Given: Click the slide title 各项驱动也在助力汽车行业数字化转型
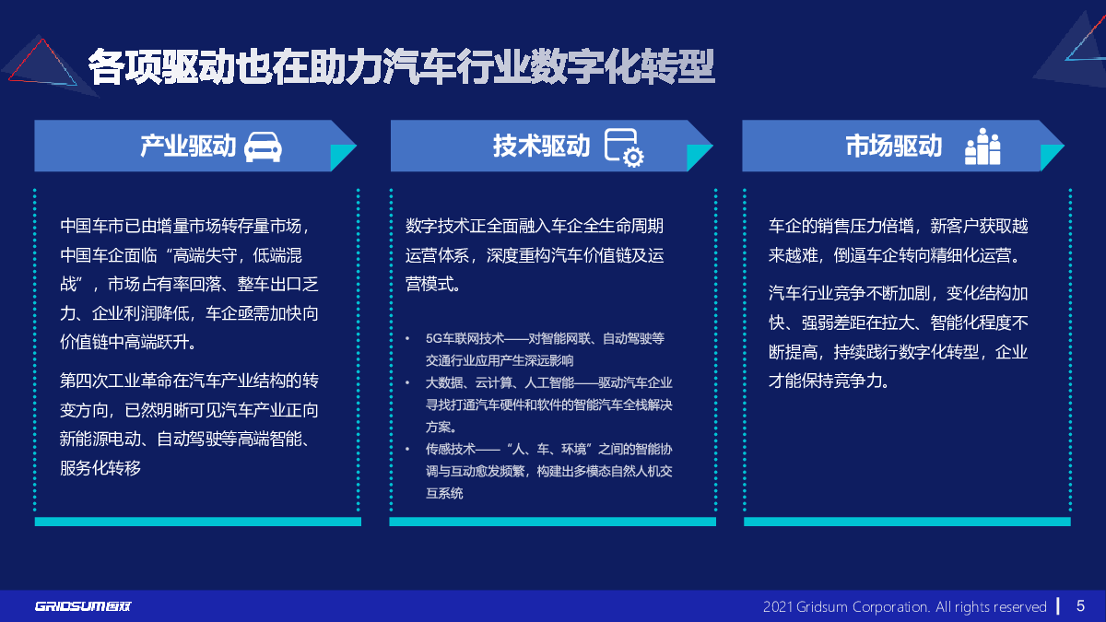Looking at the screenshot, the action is (x=401, y=66).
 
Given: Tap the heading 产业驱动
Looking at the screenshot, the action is (x=188, y=147).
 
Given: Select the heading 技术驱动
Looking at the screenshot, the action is (x=541, y=147).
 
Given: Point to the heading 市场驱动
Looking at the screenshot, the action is (x=894, y=147).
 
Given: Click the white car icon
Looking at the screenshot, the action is (x=264, y=147).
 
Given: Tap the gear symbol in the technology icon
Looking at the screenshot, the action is (x=633, y=158).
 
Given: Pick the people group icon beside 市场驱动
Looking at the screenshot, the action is (x=982, y=147).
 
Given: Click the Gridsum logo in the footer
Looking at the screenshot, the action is (x=83, y=606).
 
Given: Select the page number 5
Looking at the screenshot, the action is (x=1080, y=605).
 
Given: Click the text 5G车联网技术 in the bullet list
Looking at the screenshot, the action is (x=465, y=339).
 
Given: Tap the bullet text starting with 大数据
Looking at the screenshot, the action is (x=549, y=405).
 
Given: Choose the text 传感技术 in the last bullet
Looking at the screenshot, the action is (x=451, y=450).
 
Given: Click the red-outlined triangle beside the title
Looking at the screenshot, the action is (x=43, y=64).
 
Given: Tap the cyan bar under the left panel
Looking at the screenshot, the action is (x=198, y=522).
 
